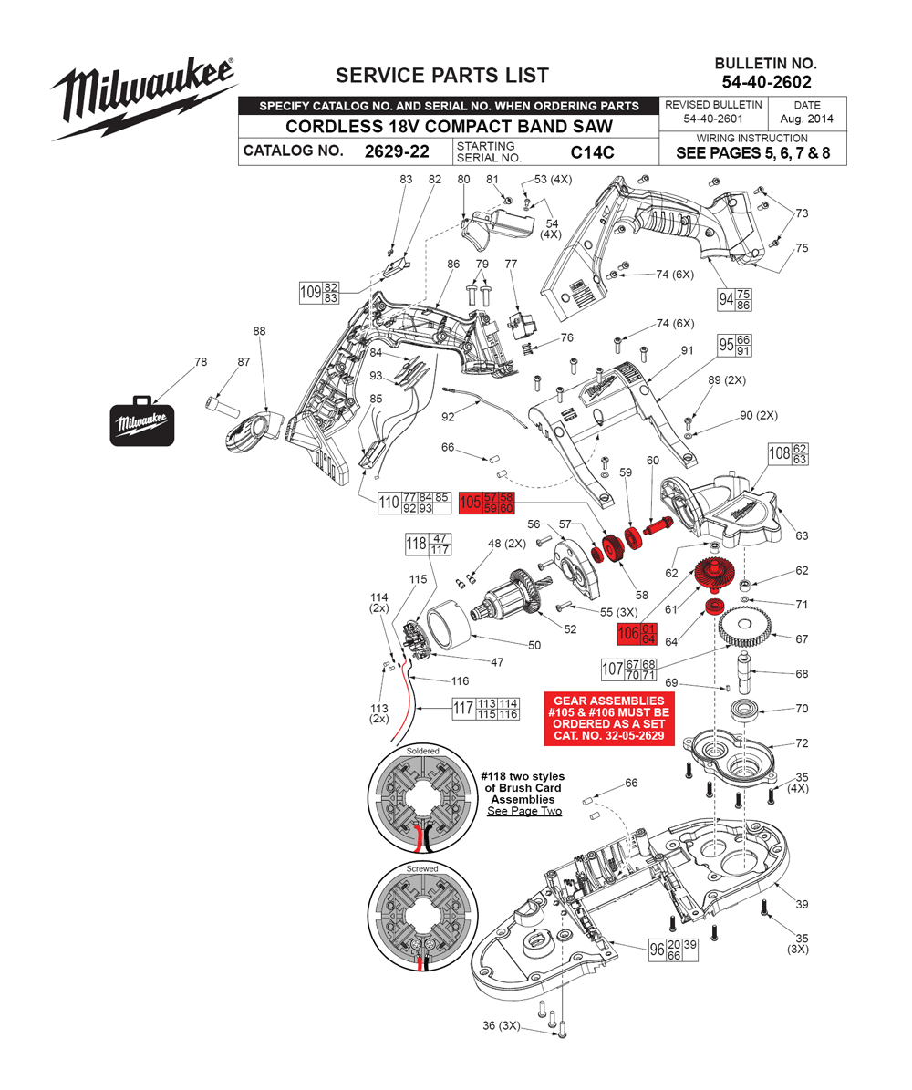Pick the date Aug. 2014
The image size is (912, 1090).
(806, 119)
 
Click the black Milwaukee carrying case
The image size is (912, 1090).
(142, 420)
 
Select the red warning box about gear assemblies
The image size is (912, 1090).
(608, 718)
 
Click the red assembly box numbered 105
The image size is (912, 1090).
(487, 502)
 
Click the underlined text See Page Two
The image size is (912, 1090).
(523, 811)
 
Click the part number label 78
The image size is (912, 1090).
(201, 362)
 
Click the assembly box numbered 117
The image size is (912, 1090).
(487, 708)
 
